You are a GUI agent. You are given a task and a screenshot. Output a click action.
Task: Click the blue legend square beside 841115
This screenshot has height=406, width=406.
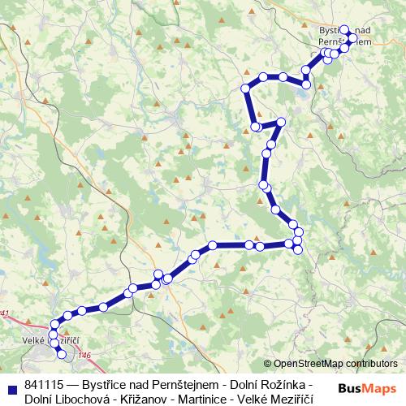[11, 385]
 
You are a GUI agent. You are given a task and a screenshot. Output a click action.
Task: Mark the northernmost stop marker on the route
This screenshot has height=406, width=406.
[345, 30]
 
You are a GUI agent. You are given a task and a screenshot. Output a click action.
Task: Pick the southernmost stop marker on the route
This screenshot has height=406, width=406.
[62, 354]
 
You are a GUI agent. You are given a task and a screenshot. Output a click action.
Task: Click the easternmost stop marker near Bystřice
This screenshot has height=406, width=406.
[353, 38]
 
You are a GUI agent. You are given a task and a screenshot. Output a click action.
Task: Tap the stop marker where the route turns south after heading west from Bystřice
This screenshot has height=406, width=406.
[245, 89]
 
